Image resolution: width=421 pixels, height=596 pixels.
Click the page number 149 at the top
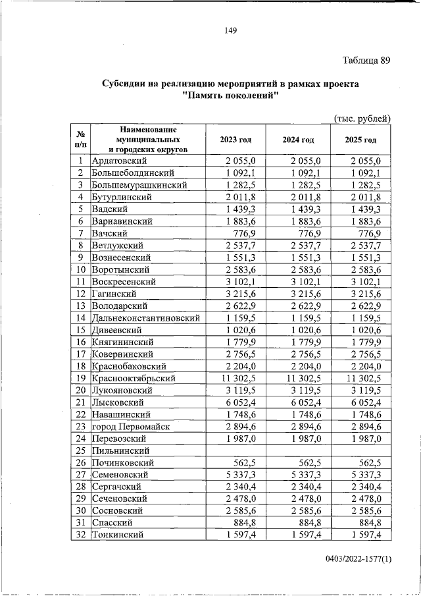click(230, 30)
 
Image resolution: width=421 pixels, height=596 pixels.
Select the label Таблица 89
click(366, 61)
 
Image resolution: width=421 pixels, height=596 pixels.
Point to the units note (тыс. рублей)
click(362, 118)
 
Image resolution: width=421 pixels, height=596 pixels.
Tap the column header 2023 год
click(235, 140)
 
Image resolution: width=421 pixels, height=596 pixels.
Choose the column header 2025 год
click(360, 140)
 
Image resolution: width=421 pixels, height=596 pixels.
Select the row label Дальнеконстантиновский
click(145, 318)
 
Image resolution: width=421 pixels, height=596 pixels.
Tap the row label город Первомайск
click(131, 427)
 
